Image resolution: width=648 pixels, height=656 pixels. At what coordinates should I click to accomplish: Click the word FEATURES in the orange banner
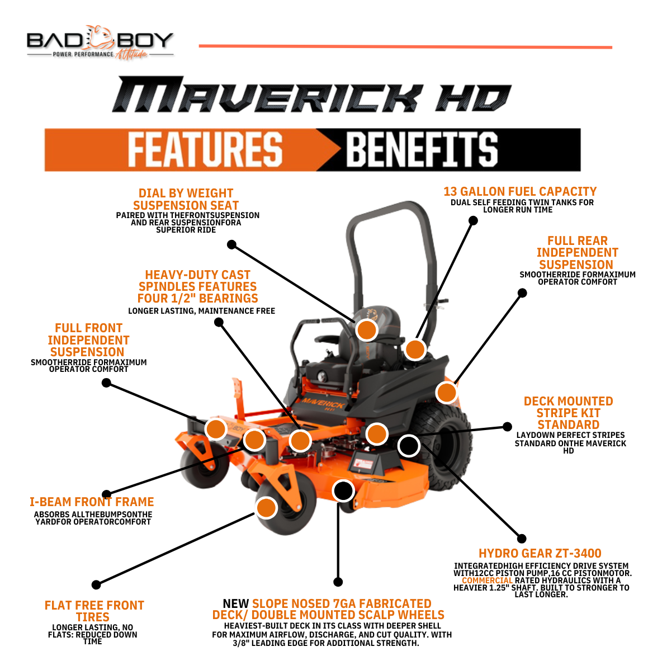click(x=205, y=149)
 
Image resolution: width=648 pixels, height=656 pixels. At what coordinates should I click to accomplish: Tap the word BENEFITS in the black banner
click(x=422, y=149)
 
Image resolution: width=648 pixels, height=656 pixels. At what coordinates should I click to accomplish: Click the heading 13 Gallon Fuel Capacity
click(x=520, y=192)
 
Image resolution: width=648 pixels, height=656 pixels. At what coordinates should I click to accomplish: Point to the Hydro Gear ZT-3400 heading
click(x=540, y=554)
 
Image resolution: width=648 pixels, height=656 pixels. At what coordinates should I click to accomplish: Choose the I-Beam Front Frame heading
click(x=92, y=502)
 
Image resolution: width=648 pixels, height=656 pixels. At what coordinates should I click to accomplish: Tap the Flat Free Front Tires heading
click(x=94, y=611)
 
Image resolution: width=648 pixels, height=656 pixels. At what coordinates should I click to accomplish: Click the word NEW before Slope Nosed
click(x=235, y=604)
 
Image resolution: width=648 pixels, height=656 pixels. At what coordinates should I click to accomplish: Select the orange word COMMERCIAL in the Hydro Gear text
click(x=487, y=581)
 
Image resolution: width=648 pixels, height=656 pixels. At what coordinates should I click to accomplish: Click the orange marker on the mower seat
click(x=367, y=330)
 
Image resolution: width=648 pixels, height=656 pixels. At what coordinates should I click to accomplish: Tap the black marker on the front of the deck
click(x=343, y=491)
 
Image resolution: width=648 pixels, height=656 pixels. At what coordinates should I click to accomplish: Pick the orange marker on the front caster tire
click(x=267, y=507)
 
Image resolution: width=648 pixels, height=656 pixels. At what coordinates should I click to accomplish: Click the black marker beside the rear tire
click(x=409, y=446)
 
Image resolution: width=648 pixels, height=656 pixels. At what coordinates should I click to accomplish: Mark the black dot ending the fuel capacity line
click(x=473, y=220)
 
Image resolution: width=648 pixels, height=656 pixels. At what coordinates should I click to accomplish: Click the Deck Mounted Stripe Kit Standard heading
click(x=568, y=413)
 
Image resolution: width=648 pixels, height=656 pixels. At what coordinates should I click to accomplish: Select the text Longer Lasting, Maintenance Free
click(x=201, y=311)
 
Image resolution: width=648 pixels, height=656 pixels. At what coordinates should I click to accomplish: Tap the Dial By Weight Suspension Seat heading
click(x=186, y=199)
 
